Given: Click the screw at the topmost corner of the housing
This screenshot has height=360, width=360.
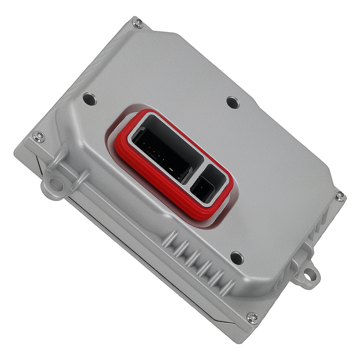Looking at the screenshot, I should click(x=137, y=23).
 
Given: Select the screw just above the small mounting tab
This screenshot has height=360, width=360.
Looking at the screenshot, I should click(x=339, y=195).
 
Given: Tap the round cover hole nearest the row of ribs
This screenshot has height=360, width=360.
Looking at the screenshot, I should click(x=236, y=257).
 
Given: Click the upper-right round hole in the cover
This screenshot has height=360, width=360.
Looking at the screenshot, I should click(x=233, y=102).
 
